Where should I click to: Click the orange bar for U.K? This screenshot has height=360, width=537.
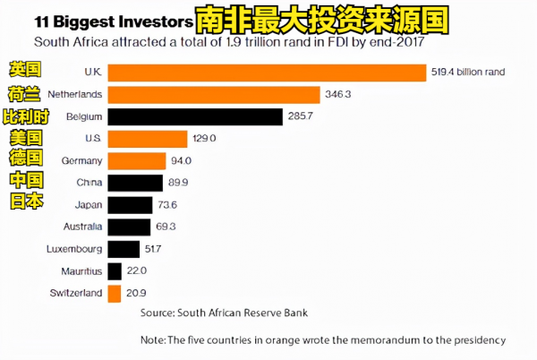click(x=267, y=73)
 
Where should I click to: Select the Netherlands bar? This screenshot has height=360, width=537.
click(x=214, y=94)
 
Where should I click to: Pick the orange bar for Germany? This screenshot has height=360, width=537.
click(x=137, y=160)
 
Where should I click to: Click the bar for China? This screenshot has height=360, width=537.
click(x=135, y=183)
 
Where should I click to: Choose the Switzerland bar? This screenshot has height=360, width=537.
click(x=115, y=293)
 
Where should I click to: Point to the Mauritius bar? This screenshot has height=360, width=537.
click(x=115, y=270)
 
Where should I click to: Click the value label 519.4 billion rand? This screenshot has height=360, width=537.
click(x=468, y=73)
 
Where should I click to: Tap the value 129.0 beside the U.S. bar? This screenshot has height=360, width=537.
click(x=204, y=138)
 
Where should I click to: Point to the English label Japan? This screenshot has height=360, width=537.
click(x=87, y=205)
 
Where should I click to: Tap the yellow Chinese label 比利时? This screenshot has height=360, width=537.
click(x=31, y=116)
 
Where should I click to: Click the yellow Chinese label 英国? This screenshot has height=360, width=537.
click(x=25, y=69)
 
